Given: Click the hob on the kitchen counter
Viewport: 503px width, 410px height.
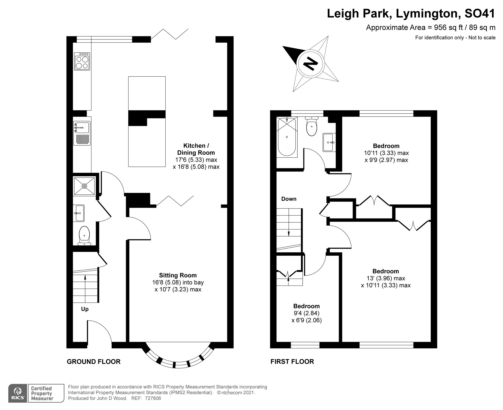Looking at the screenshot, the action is pyautogui.click(x=82, y=61).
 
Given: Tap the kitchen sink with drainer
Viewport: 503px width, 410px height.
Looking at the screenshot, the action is pyautogui.click(x=82, y=133).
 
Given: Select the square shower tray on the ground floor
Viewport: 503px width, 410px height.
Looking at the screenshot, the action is pyautogui.click(x=84, y=186).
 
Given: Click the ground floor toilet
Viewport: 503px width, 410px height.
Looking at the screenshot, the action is pyautogui.click(x=84, y=235).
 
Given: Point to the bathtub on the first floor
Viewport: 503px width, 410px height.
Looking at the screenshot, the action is pyautogui.click(x=287, y=137).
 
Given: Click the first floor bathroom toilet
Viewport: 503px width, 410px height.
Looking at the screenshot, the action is pyautogui.click(x=312, y=127).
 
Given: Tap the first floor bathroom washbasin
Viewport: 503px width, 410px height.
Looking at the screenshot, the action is pyautogui.click(x=329, y=142).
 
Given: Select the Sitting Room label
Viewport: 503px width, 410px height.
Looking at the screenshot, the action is pyautogui.click(x=178, y=275).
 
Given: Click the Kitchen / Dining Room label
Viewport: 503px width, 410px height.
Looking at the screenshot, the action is pyautogui.click(x=196, y=149).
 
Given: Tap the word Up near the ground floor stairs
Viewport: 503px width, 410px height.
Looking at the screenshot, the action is pyautogui.click(x=85, y=309).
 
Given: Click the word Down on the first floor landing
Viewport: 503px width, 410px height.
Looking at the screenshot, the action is pyautogui.click(x=289, y=199).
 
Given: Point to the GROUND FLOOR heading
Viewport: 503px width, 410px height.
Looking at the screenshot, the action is pyautogui.click(x=93, y=362).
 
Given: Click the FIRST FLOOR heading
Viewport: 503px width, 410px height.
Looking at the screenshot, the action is pyautogui.click(x=292, y=362).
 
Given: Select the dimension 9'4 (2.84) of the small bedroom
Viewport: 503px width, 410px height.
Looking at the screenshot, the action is pyautogui.click(x=306, y=313).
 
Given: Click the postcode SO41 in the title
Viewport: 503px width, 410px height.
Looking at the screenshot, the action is pyautogui.click(x=480, y=13).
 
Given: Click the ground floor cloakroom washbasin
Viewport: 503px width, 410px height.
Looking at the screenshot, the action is pyautogui.click(x=79, y=213).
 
